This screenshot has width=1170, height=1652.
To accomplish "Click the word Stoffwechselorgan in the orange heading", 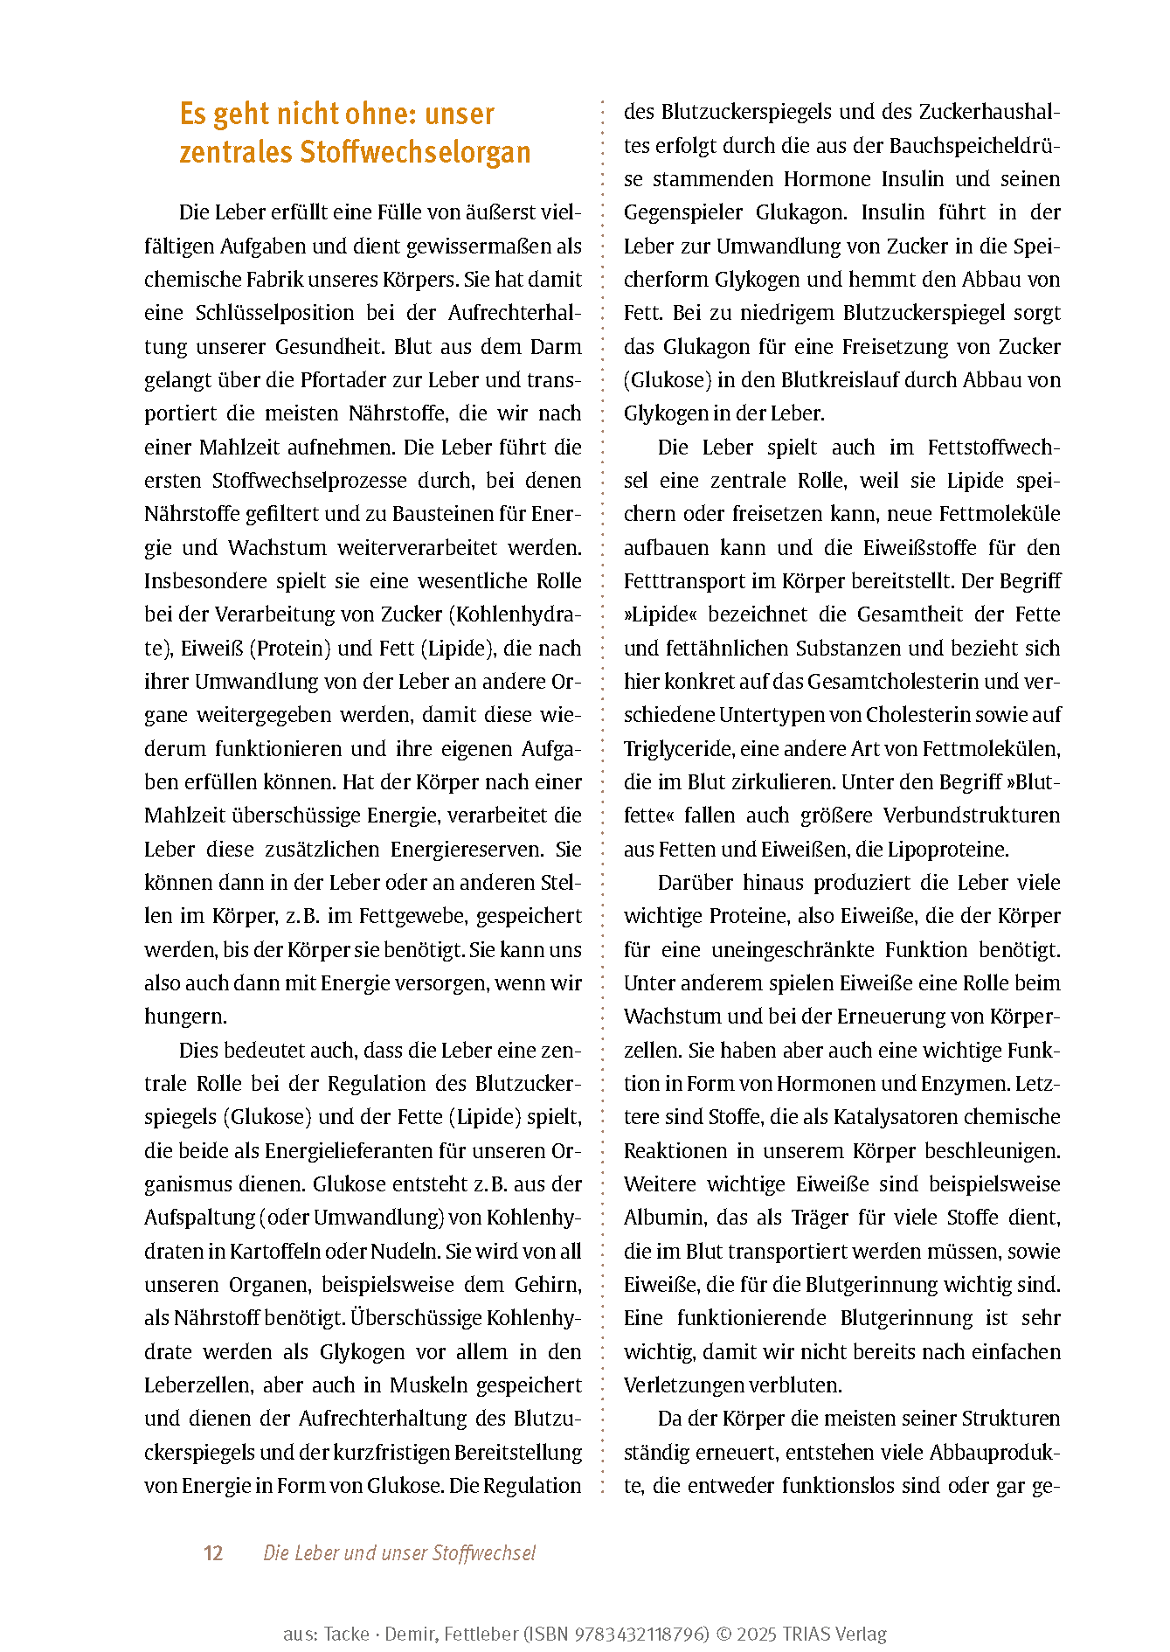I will [x=415, y=153].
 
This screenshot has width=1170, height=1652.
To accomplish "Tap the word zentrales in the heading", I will [x=236, y=153].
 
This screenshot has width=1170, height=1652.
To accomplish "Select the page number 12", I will [x=213, y=1553].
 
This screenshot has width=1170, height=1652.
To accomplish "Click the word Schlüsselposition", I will [x=275, y=313].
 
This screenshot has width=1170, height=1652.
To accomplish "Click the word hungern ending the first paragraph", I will [x=184, y=1017].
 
